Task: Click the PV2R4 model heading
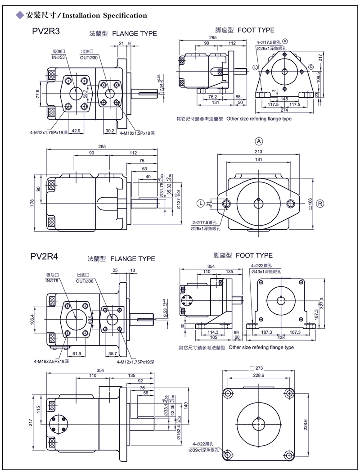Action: pos(45,257)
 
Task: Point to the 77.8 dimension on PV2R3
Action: pos(38,94)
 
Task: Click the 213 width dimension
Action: pos(259,152)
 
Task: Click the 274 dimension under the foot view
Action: pos(284,110)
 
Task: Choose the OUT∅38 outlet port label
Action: pos(85,281)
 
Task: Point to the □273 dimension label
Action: pos(258,368)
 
